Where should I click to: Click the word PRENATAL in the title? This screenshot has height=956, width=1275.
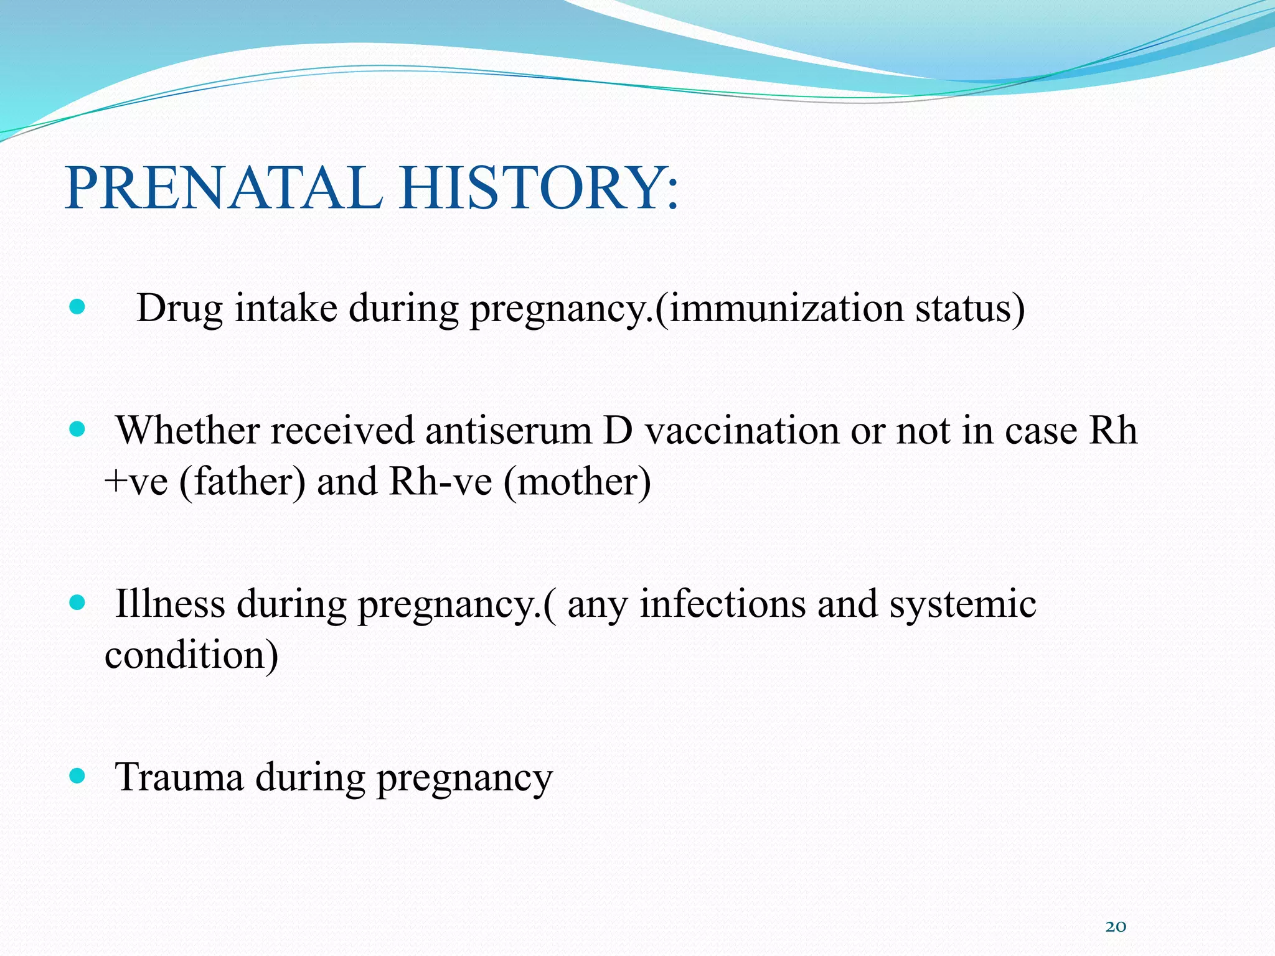(x=224, y=187)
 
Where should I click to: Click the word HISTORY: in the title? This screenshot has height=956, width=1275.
(x=539, y=187)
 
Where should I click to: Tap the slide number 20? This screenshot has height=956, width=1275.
(x=1116, y=927)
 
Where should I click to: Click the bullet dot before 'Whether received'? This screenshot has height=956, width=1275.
(x=77, y=429)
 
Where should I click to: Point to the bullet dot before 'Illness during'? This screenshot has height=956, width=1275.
(x=77, y=602)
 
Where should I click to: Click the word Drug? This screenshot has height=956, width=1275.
(x=179, y=308)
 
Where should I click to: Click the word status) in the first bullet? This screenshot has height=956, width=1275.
(x=969, y=308)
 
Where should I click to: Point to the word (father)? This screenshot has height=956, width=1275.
(x=242, y=482)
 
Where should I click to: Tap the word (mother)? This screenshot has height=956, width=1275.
(x=577, y=482)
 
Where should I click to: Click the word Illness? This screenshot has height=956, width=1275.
(x=170, y=604)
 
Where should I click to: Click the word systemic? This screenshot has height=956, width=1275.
(x=962, y=605)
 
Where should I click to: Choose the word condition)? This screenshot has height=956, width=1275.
(x=191, y=655)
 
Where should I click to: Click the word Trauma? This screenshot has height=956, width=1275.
(x=179, y=777)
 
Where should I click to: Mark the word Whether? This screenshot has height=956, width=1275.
(x=187, y=431)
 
